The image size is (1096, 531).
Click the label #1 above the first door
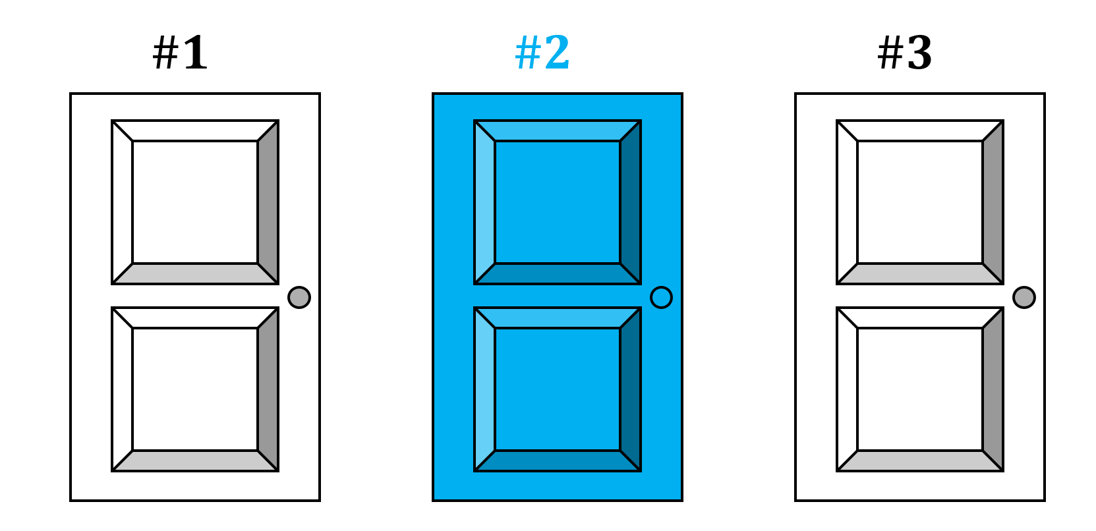180,53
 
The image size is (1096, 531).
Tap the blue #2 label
542,53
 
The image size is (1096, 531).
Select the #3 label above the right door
905,53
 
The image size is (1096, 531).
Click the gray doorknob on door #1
299,297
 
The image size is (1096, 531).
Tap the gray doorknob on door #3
1024,297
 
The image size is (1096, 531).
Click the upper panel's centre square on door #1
195,202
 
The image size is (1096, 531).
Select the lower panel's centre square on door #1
195,389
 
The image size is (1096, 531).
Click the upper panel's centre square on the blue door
558,202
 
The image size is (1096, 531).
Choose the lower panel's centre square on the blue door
558,389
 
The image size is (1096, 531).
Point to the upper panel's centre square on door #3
920,202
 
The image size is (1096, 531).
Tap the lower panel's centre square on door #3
920,389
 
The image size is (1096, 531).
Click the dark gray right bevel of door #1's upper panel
269,202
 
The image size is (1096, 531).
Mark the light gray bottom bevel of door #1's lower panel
195,461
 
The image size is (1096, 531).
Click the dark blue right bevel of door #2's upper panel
631,202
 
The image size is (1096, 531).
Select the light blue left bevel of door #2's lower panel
484,389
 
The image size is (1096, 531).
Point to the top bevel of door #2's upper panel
558,130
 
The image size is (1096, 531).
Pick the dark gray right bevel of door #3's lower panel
993,389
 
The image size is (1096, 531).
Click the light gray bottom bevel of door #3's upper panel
920,274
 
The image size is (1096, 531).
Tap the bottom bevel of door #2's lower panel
558,461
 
